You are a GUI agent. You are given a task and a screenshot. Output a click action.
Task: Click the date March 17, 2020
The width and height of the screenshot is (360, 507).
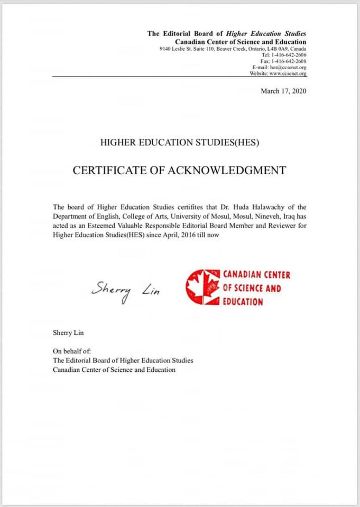(283, 91)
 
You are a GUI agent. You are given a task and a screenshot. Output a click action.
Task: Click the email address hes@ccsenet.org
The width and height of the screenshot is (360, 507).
(288, 67)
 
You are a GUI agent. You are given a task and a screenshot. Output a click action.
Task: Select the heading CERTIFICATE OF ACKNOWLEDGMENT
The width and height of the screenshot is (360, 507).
(179, 170)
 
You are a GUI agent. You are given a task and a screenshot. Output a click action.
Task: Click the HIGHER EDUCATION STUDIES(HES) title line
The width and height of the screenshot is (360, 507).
(179, 143)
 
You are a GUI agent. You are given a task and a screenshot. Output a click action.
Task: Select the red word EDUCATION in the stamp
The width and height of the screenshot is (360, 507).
(243, 302)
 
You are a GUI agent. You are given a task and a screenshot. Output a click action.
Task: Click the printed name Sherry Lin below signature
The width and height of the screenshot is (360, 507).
(68, 333)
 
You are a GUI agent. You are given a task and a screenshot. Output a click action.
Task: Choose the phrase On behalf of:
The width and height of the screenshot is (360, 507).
(72, 351)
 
